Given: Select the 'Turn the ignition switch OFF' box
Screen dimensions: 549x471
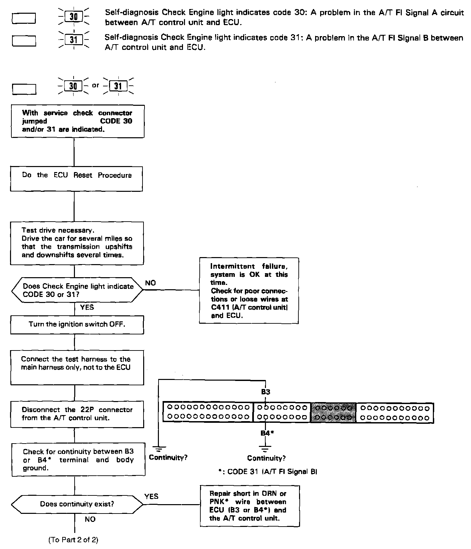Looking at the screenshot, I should coord(77,324).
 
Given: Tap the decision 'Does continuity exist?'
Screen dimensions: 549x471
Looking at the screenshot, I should coord(77,504).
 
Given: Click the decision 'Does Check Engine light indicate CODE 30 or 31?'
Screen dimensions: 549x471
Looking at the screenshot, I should coord(77,290).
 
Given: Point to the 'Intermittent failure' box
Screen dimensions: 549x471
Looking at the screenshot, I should coord(249,290).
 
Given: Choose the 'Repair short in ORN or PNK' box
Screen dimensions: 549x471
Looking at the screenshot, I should coord(250,506).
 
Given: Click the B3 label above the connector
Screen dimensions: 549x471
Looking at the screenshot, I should coord(266,392).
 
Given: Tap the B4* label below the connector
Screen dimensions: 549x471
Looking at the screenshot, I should coord(267,433).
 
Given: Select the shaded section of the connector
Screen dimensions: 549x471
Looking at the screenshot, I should coord(333,413).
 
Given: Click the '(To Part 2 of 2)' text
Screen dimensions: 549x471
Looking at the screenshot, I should coord(74,540).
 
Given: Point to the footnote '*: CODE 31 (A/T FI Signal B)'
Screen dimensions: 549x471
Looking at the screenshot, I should coord(267,472).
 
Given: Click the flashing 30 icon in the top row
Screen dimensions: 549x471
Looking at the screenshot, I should coord(73,16).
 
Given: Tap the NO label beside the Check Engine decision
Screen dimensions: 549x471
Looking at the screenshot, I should coord(150,283).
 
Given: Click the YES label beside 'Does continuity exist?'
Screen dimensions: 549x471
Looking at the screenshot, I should coord(151,496).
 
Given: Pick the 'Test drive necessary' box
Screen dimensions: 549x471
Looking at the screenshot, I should coord(77,243).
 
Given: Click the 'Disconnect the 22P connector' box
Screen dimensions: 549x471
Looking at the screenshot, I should coord(77,414).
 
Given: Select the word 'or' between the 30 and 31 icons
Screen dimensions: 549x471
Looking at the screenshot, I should coord(96,85).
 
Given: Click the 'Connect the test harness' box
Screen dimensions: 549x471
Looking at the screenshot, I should coord(77,367).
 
